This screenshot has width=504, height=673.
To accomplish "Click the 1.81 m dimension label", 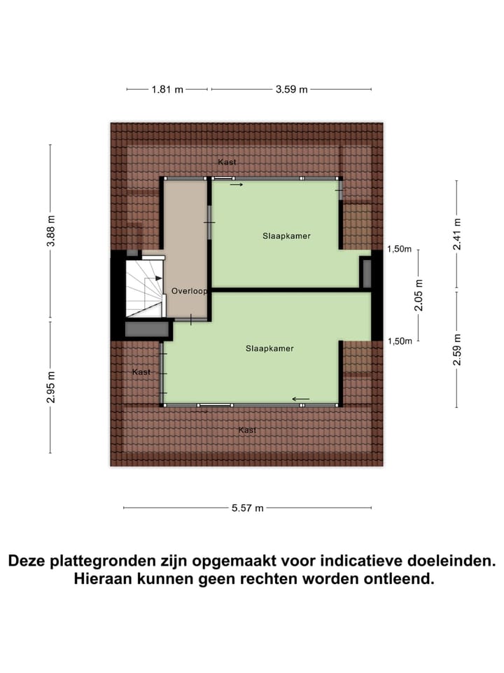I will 167,90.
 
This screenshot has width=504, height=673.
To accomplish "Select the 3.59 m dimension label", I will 291,90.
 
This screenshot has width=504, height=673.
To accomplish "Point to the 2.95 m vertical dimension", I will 50,386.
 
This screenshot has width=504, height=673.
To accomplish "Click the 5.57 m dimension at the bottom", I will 247,508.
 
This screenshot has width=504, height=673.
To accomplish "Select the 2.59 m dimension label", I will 456,348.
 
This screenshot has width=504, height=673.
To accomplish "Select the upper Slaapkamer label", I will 286,236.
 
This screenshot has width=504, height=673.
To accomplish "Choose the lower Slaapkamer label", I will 269,348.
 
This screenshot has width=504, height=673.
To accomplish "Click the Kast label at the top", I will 227,162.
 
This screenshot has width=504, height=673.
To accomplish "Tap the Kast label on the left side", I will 141,372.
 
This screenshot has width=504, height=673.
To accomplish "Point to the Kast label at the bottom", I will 247,430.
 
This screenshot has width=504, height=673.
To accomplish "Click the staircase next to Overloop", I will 146,287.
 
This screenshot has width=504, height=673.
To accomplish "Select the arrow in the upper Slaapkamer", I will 237,185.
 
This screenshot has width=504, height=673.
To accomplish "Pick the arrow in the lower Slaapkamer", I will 301,399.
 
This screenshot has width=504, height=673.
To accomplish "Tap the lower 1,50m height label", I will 399,341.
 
